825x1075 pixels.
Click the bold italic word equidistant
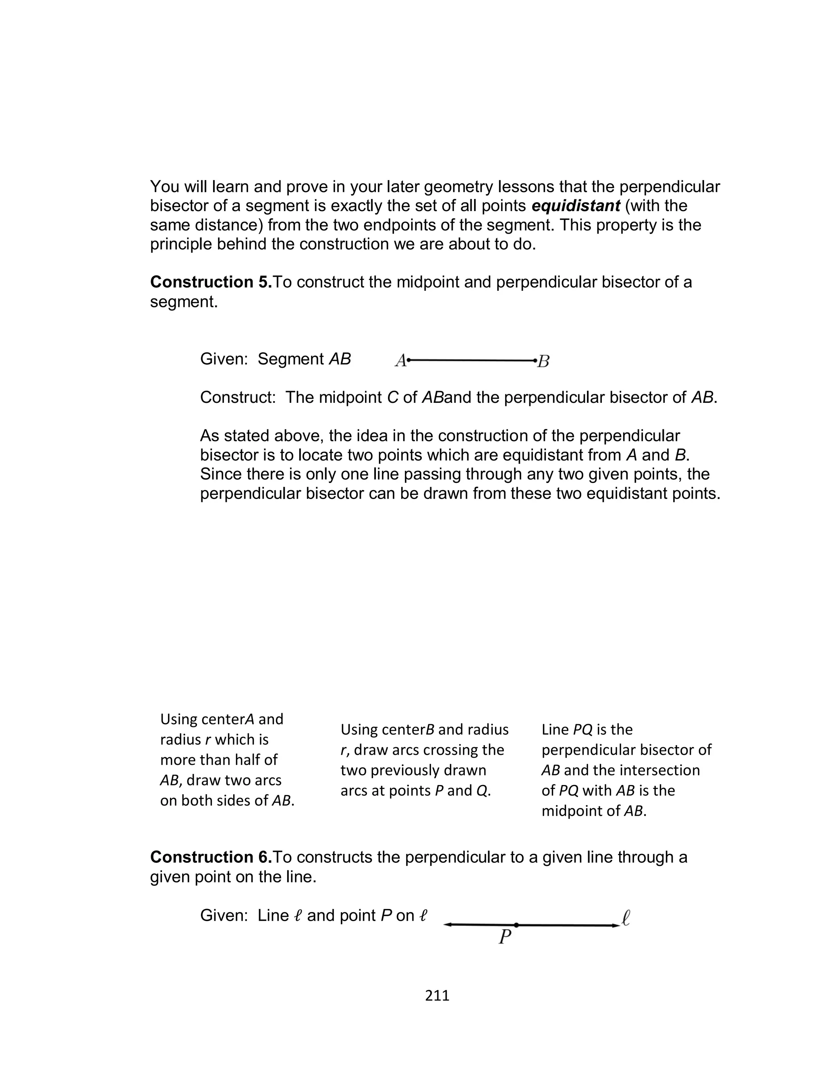tap(576, 206)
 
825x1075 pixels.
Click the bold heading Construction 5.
tap(211, 282)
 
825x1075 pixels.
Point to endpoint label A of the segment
tap(400, 361)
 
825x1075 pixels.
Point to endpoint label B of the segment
tap(543, 361)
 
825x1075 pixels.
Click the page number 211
tap(437, 995)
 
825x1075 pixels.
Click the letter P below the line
tap(504, 938)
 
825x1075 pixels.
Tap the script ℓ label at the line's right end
tap(625, 917)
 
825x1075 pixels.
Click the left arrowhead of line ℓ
tap(447, 925)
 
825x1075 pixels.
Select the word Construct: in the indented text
tap(238, 398)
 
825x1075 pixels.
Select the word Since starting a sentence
tap(220, 474)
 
